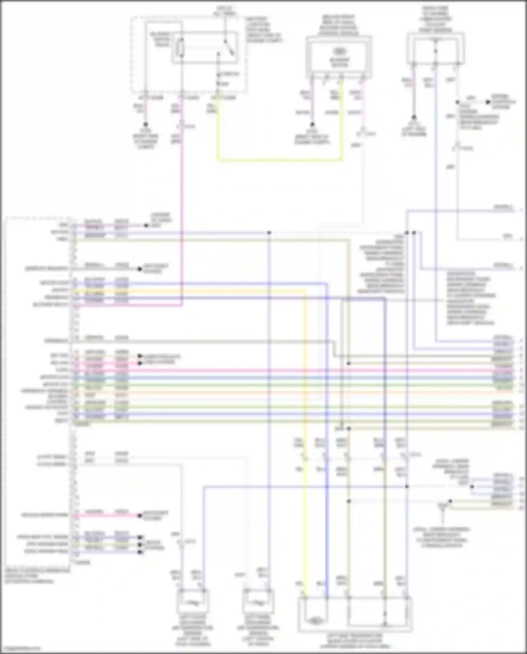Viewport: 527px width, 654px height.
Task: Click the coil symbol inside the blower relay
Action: [x=181, y=47]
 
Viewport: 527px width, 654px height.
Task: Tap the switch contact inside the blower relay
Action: [x=229, y=47]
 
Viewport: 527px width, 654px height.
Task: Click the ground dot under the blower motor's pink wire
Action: [x=312, y=124]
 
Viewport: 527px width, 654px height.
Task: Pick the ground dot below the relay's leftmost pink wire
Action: [x=145, y=124]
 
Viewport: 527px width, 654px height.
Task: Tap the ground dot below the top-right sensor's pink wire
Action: [x=414, y=117]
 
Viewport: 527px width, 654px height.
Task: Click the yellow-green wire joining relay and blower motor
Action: [x=279, y=160]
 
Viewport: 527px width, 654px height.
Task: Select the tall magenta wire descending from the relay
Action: [x=182, y=211]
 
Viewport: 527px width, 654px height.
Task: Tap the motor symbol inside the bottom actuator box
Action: [x=315, y=621]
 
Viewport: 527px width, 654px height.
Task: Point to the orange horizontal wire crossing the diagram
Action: [x=281, y=392]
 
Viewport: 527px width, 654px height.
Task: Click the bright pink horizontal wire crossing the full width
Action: [x=281, y=370]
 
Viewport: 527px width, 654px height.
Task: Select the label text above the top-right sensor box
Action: [x=435, y=19]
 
